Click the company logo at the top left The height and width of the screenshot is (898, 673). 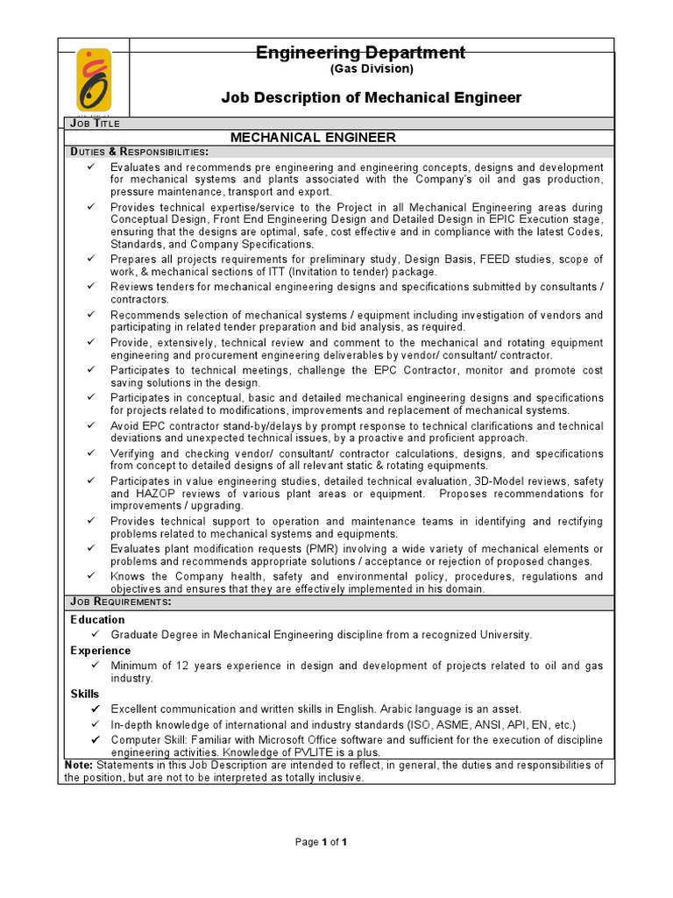click(94, 80)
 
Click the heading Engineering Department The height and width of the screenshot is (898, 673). click(360, 53)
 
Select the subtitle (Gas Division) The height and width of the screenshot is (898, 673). click(360, 69)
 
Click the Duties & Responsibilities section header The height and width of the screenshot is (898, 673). click(138, 152)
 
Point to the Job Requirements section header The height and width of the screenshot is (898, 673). click(120, 602)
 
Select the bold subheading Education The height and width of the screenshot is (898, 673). click(97, 619)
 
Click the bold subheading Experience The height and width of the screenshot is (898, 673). click(101, 651)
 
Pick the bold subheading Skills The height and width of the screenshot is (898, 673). click(85, 694)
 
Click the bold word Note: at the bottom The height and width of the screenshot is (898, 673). click(79, 765)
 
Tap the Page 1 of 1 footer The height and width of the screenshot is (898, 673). click(322, 842)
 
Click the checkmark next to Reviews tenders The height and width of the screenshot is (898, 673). click(92, 287)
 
